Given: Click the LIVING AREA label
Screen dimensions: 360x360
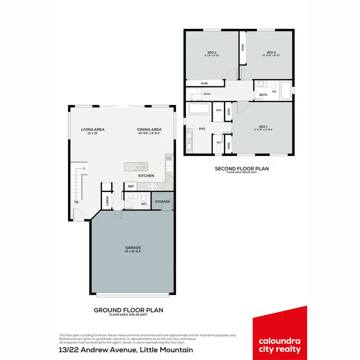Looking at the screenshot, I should click(93, 130).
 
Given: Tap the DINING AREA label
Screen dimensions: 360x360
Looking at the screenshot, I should click(149, 130).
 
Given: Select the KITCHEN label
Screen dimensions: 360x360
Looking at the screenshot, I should click(146, 176).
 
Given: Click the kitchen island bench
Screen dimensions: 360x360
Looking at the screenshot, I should click(137, 167).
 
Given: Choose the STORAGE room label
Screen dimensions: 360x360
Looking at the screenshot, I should click(162, 202).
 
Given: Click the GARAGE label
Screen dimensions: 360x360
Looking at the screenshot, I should click(133, 248).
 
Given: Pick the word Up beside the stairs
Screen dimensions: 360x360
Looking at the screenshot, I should click(76, 202).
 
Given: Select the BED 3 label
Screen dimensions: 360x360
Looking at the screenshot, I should click(212, 52).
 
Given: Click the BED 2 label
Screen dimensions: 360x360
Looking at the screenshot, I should click(271, 52).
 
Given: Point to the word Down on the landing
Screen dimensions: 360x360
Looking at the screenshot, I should click(207, 94).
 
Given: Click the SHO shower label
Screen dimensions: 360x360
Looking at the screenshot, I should click(218, 110).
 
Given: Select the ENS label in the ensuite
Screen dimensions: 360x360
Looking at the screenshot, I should click(202, 129).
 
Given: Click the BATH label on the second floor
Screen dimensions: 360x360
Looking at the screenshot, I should click(264, 95).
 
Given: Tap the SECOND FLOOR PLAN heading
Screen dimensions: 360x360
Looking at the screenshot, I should click(241, 168).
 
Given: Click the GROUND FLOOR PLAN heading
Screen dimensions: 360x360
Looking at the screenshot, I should click(128, 310).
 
